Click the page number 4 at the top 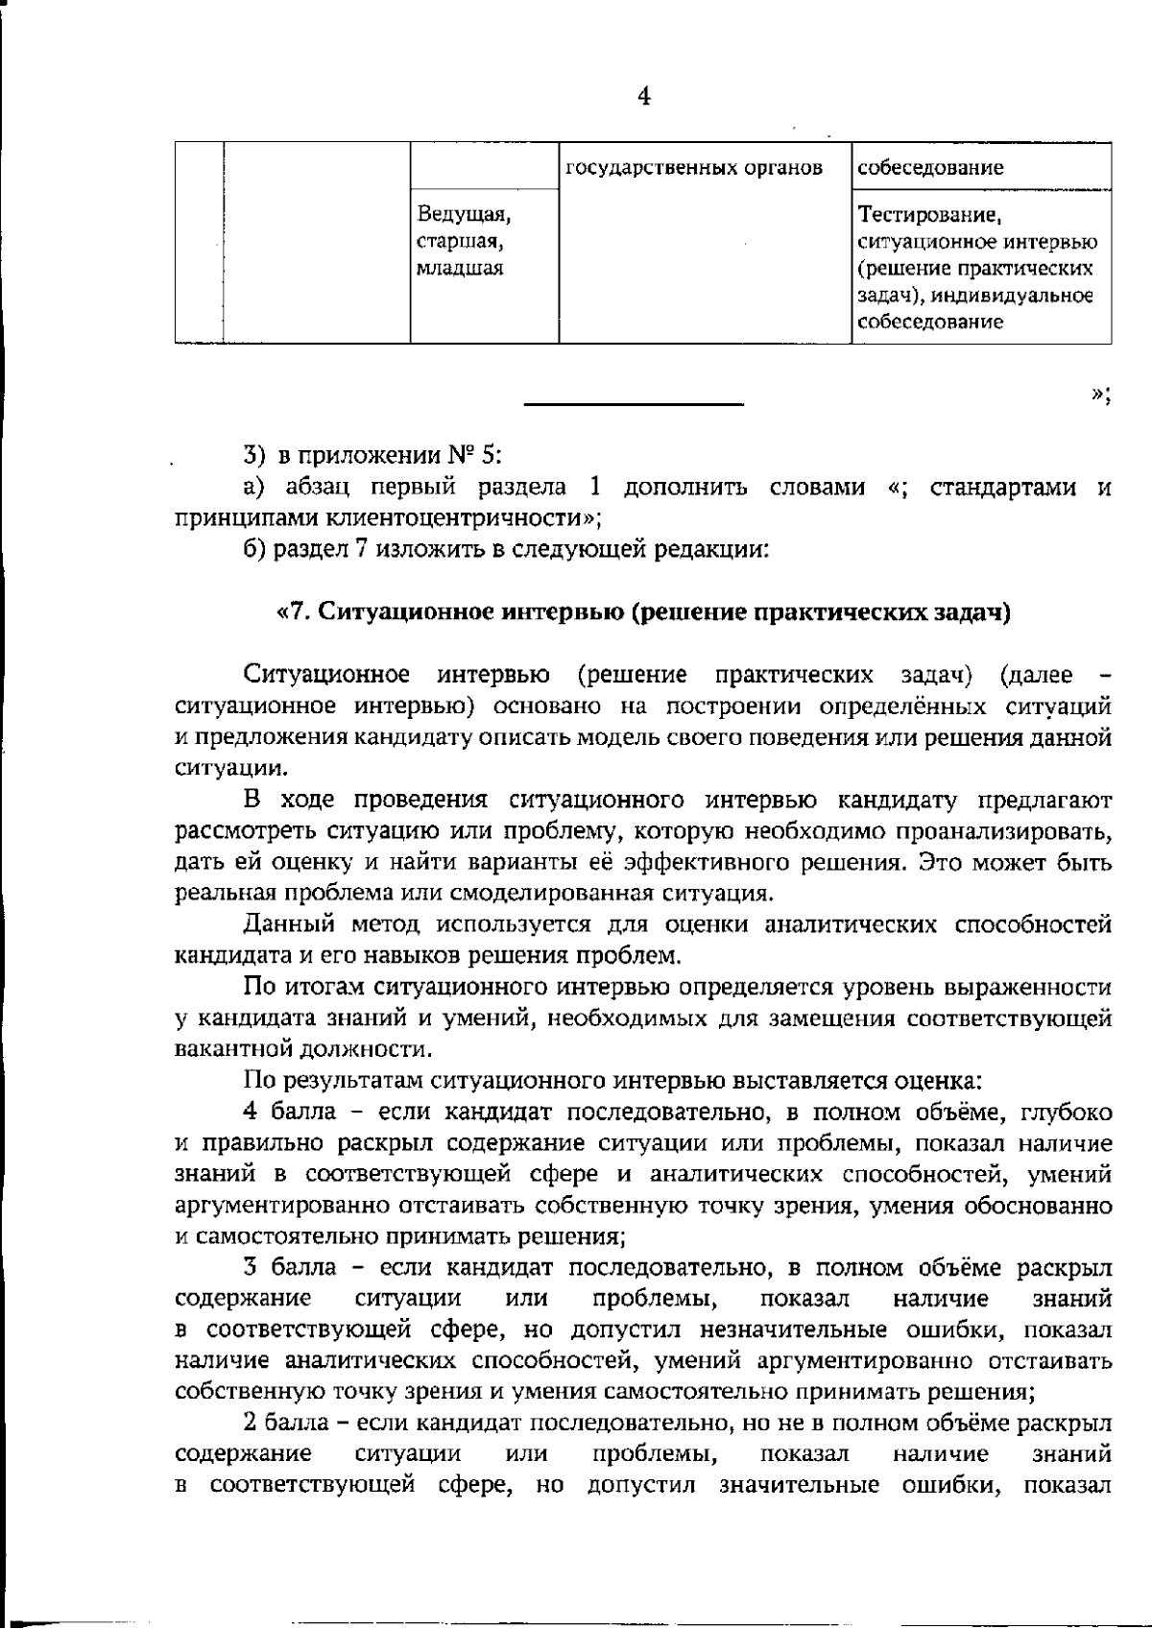[x=644, y=97]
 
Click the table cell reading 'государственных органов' [x=694, y=168]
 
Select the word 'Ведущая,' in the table [x=463, y=212]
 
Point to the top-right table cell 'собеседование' [x=930, y=168]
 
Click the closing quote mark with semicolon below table [x=1101, y=395]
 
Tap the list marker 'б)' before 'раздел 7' [x=254, y=550]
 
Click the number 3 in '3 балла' [x=251, y=1267]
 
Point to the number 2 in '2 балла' [x=251, y=1423]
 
